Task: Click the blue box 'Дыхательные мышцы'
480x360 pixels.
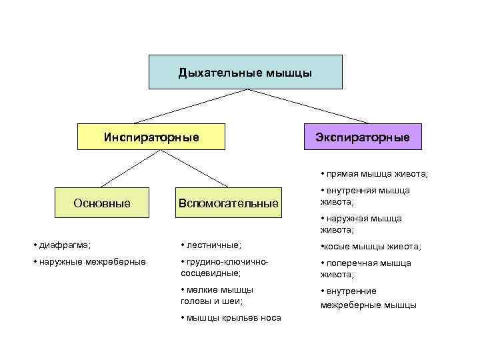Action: (x=245, y=72)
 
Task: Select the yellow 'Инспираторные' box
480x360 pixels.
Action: (x=151, y=137)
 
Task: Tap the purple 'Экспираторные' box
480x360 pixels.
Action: (x=362, y=137)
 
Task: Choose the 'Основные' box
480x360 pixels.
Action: (x=102, y=202)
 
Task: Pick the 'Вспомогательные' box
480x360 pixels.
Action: (x=227, y=202)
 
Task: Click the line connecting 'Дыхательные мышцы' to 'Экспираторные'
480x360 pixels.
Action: (x=303, y=106)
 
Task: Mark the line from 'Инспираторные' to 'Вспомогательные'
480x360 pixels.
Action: (x=193, y=168)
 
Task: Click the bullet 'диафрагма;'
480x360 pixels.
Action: (x=64, y=245)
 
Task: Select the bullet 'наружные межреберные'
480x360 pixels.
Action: (x=91, y=261)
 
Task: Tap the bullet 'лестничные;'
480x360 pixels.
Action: (x=213, y=245)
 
